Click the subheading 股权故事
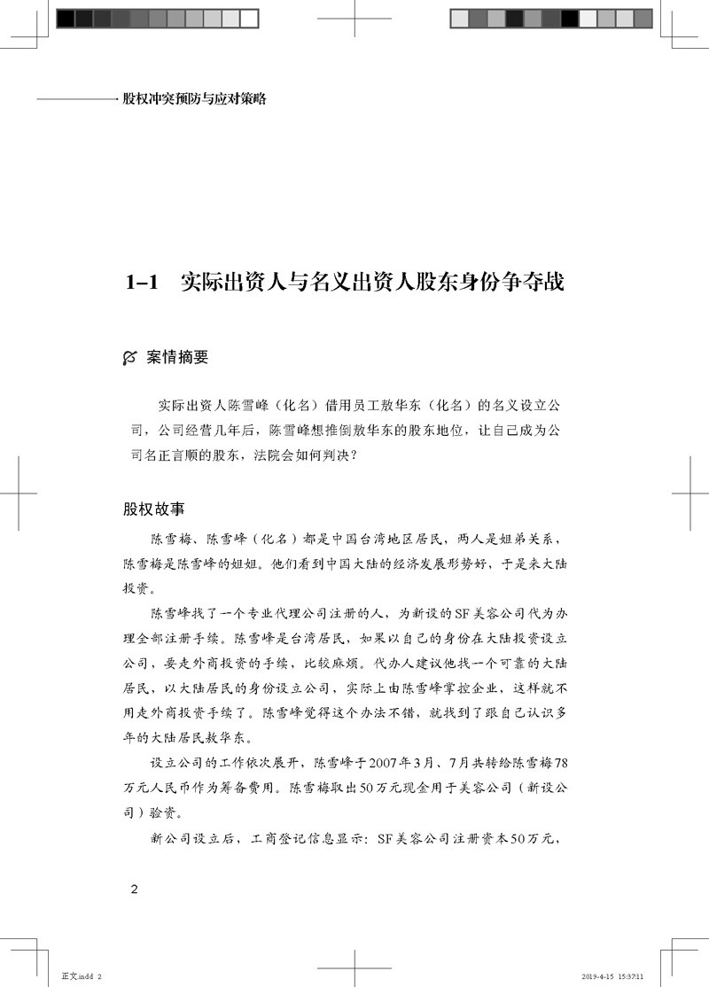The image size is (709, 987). [153, 510]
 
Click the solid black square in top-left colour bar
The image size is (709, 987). [65, 19]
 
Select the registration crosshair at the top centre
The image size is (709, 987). [354, 19]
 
